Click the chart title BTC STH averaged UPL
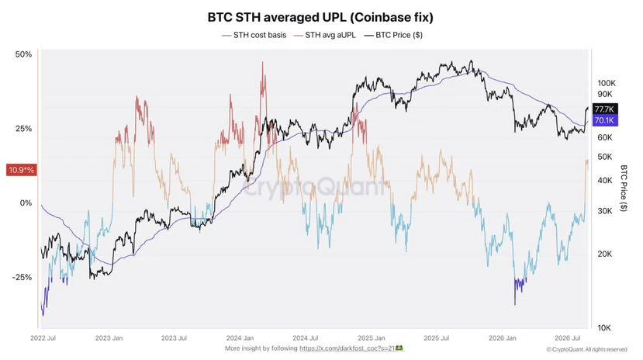pyautogui.click(x=320, y=17)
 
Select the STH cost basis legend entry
pyautogui.click(x=254, y=35)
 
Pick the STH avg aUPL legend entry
pyautogui.click(x=325, y=35)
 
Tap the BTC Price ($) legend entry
pyautogui.click(x=394, y=35)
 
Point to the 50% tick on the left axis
pyautogui.click(x=23, y=54)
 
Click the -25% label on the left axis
pyautogui.click(x=22, y=277)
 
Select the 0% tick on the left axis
pyautogui.click(x=26, y=203)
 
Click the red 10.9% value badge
pyautogui.click(x=21, y=170)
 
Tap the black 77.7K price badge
pyautogui.click(x=605, y=109)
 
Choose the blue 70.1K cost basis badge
pyautogui.click(x=605, y=120)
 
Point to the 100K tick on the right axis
pyautogui.click(x=607, y=83)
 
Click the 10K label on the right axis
pyautogui.click(x=604, y=327)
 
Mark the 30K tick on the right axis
pyautogui.click(x=604, y=211)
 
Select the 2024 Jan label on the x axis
pyautogui.click(x=240, y=338)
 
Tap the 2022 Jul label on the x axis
pyautogui.click(x=43, y=338)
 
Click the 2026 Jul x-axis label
pyautogui.click(x=567, y=338)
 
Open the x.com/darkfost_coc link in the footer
pyautogui.click(x=347, y=348)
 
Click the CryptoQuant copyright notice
pyautogui.click(x=586, y=349)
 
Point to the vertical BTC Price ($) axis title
pyautogui.click(x=624, y=188)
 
